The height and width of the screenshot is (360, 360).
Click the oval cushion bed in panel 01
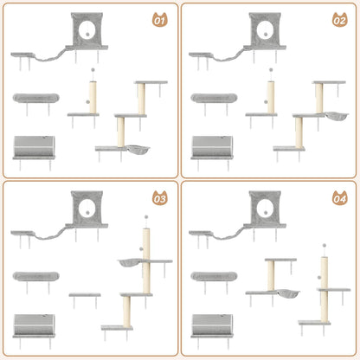coord(36,98)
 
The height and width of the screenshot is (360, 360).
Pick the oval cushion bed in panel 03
coord(36,277)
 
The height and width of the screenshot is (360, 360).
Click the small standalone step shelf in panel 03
coord(84,296)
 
